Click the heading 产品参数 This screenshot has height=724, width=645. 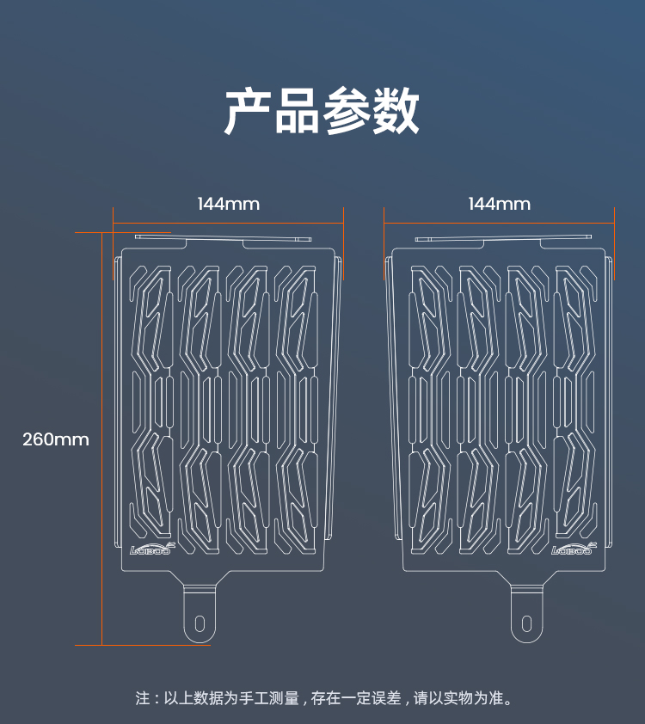tap(322, 111)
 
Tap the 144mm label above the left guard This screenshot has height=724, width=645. tap(228, 204)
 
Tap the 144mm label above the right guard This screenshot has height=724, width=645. tap(499, 204)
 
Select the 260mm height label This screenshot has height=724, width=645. tap(56, 439)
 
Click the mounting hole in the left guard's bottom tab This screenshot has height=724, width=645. tap(200, 623)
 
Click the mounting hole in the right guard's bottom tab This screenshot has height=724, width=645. tap(526, 623)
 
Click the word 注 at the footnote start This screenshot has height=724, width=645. tap(143, 698)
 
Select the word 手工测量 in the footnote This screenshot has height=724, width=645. tap(271, 698)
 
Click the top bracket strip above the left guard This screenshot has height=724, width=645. tap(225, 237)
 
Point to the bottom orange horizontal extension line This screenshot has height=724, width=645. tap(142, 645)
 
